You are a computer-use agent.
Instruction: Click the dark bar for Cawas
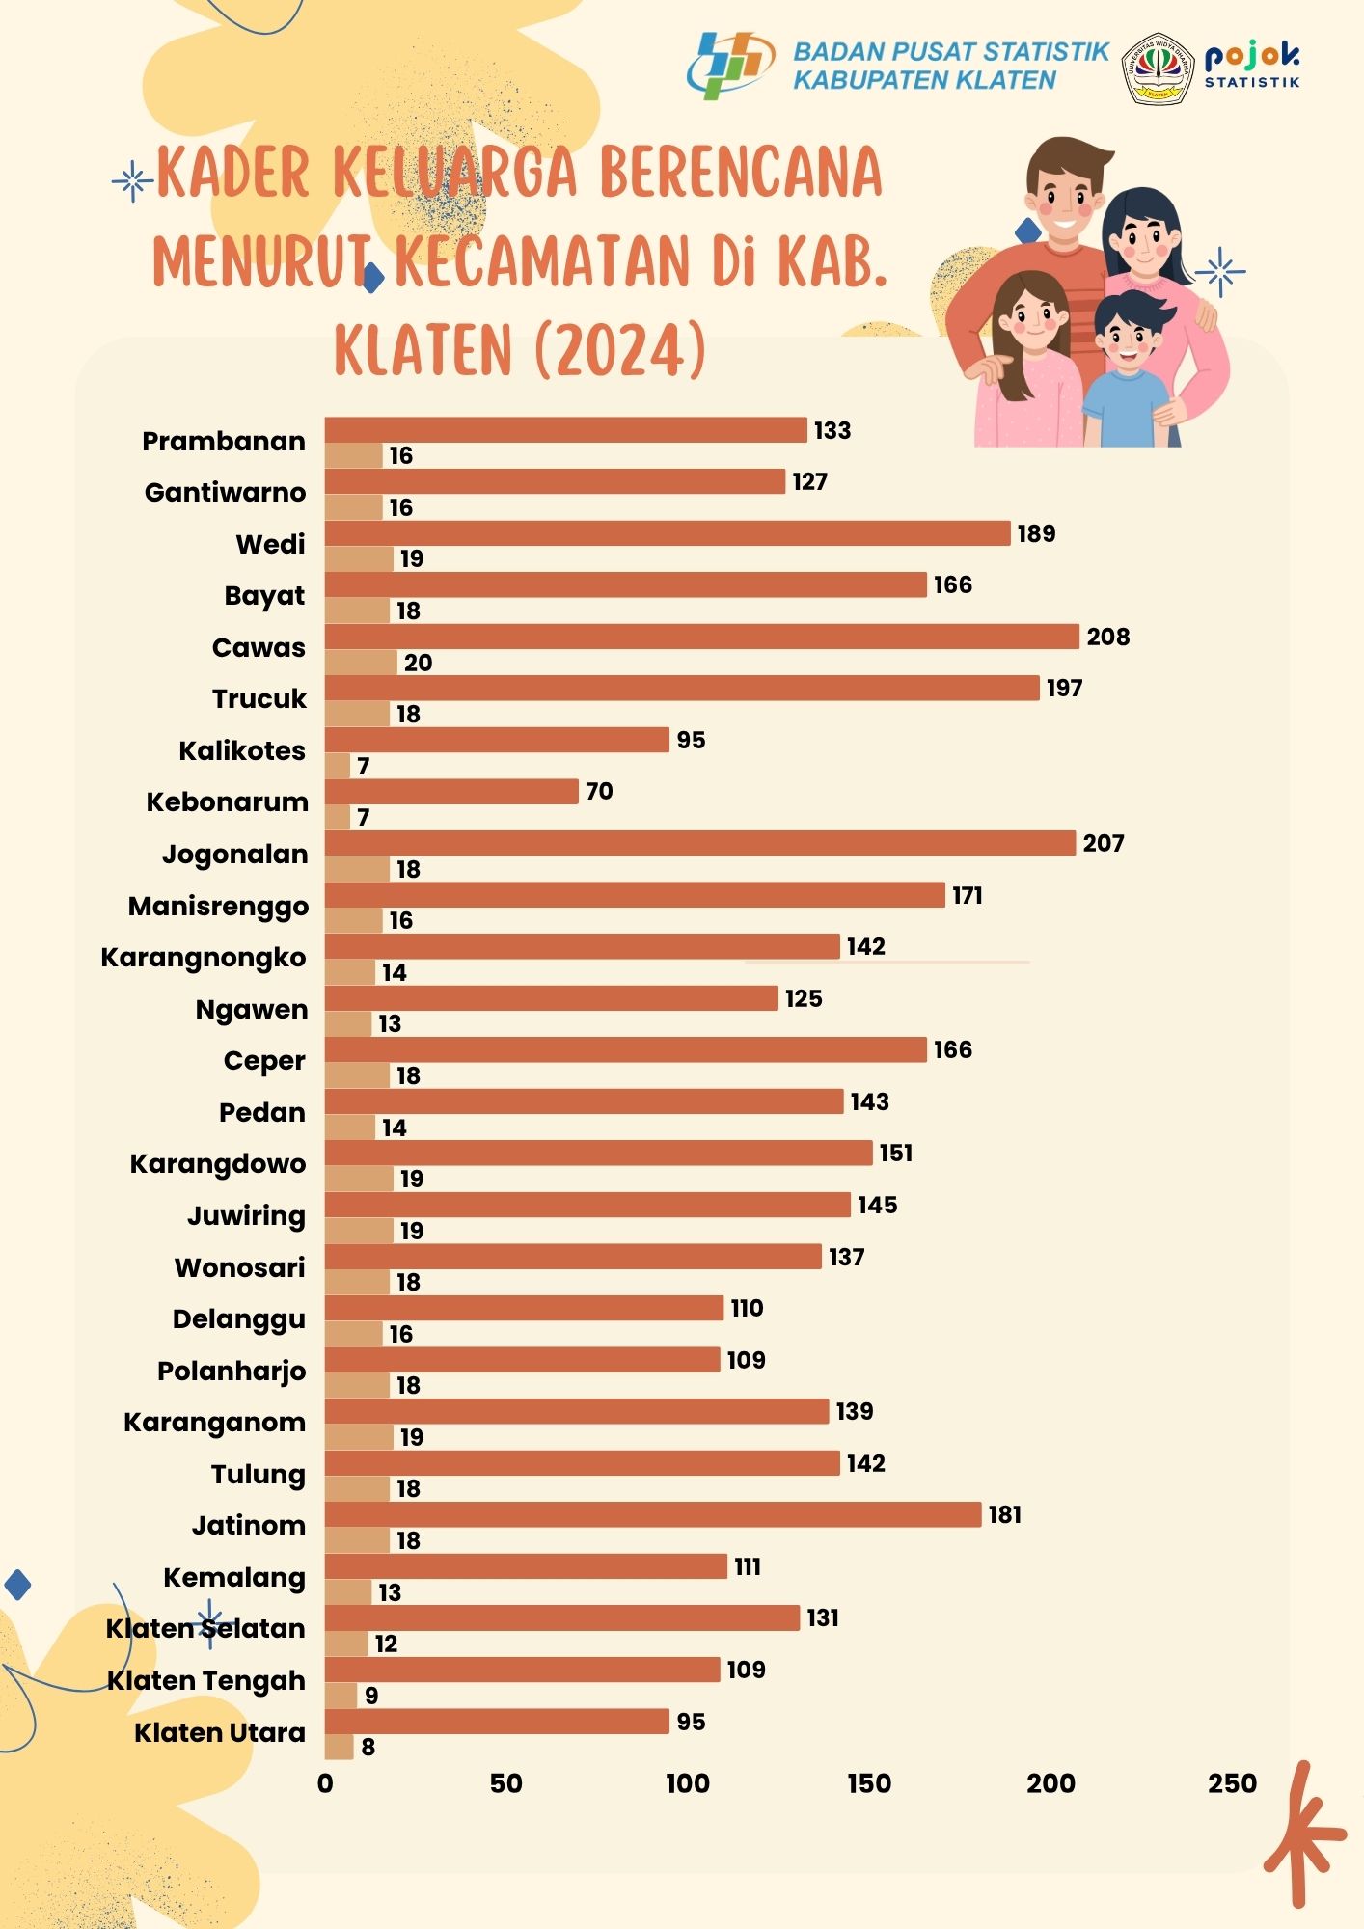point(701,637)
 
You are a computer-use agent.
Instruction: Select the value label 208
point(1107,637)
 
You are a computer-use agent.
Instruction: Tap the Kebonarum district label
point(227,802)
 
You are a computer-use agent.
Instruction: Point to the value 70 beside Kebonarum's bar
point(599,792)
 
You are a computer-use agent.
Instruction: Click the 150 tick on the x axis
point(869,1783)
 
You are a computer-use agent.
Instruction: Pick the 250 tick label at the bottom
point(1232,1783)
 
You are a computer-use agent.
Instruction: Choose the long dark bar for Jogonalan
point(699,843)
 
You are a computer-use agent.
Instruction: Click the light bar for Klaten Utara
point(340,1747)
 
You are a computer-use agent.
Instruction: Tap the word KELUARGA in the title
point(454,174)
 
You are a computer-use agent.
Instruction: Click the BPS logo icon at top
point(729,65)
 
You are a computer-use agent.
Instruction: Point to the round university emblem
point(1158,68)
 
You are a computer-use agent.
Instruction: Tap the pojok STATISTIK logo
point(1252,66)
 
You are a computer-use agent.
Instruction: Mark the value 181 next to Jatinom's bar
point(1004,1515)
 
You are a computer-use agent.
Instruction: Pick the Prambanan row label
point(224,442)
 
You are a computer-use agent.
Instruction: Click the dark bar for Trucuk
point(682,689)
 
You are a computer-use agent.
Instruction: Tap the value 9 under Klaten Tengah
point(371,1696)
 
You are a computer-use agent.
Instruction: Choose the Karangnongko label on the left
point(204,958)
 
